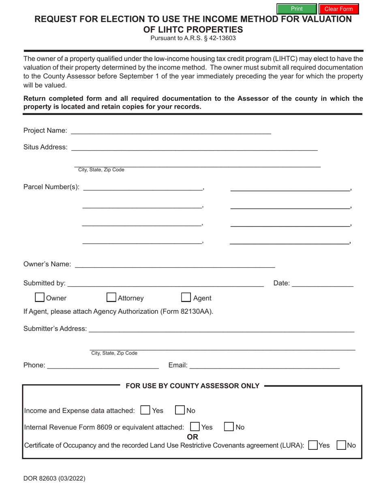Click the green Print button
tap(296, 9)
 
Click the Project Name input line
tap(171, 130)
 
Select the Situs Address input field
tap(194, 147)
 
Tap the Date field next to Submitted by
tap(322, 283)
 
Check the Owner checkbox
tap(40, 298)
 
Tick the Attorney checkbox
tap(111, 298)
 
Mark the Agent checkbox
tap(186, 298)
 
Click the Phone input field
tap(103, 365)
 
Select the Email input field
tap(264, 365)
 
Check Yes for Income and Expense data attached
tap(145, 410)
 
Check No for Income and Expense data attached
tap(180, 410)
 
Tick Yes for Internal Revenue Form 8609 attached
tap(195, 427)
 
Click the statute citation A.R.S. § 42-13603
tap(193, 38)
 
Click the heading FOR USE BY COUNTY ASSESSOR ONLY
tap(192, 386)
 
